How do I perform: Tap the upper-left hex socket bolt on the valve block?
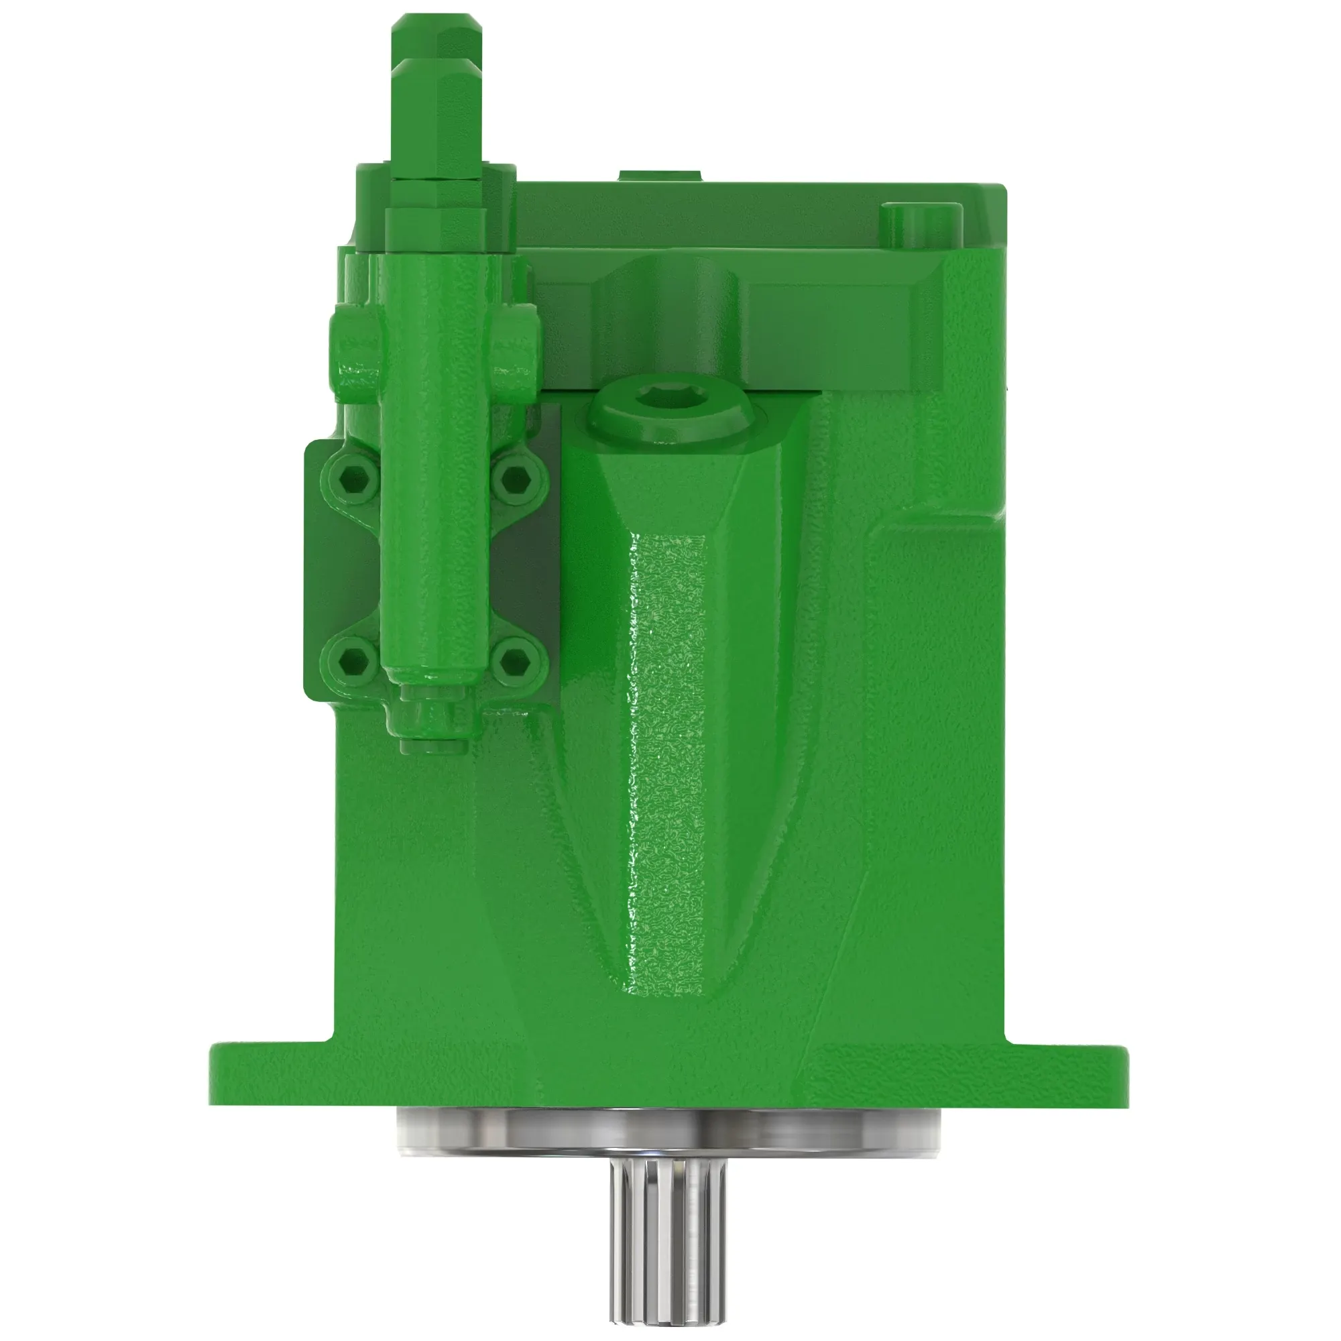tap(355, 477)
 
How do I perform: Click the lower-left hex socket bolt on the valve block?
tap(355, 660)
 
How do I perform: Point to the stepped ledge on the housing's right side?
tap(937, 528)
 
